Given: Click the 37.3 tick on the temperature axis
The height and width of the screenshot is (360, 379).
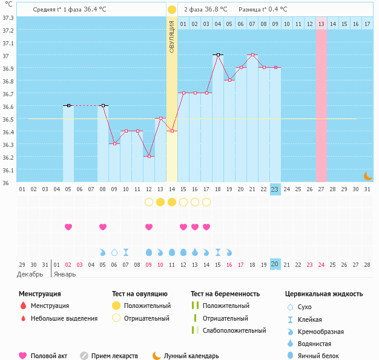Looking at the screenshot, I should (8, 18).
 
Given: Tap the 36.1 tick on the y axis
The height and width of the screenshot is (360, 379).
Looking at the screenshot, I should (8, 170).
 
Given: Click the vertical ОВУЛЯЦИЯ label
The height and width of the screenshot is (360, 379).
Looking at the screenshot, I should (172, 36).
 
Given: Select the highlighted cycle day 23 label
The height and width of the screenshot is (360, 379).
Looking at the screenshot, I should (275, 189).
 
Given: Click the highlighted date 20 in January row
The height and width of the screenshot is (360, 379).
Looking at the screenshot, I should (275, 264).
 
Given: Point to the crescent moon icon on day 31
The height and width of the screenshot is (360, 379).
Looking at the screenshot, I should (367, 175).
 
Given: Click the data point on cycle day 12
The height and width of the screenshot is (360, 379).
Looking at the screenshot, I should (149, 156).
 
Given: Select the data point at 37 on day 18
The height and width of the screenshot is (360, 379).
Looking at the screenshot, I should (218, 54).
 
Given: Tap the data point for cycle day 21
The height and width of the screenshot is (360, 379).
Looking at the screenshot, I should (252, 54).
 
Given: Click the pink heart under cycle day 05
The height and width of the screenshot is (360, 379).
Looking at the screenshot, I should (68, 227).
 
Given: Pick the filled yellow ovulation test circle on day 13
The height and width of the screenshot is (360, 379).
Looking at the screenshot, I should (160, 201).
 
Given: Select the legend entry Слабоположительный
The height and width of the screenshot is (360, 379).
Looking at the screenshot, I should (234, 330).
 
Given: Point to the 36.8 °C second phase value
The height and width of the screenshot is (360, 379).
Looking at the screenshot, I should (214, 10).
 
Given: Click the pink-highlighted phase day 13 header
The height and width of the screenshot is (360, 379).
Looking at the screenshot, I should (321, 24).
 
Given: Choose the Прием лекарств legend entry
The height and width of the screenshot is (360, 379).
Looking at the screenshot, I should (114, 356).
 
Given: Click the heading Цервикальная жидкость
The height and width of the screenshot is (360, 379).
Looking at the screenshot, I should (324, 294).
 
